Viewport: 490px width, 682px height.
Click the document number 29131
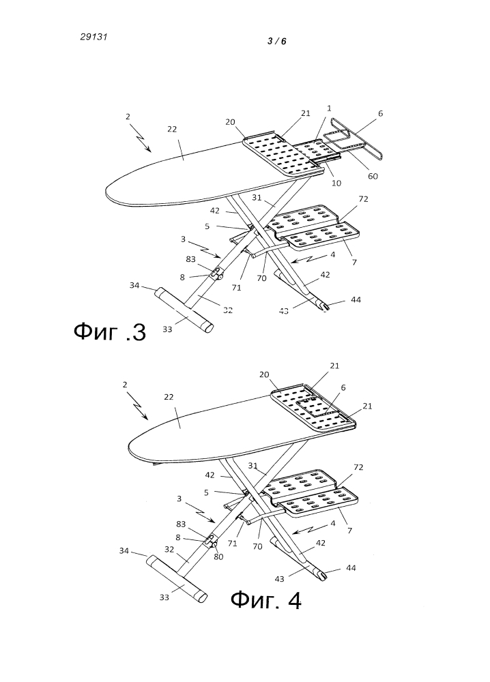tap(93, 37)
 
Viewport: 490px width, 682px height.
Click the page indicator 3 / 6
tap(277, 42)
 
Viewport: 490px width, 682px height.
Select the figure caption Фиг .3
tap(110, 332)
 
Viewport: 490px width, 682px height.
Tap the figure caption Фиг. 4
tap(265, 600)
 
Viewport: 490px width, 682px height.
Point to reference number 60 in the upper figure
tap(373, 176)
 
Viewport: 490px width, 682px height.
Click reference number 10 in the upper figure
tap(336, 183)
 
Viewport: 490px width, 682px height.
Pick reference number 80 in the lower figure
tap(218, 557)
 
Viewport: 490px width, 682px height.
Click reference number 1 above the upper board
tap(329, 108)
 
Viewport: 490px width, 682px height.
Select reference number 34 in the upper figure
tap(134, 285)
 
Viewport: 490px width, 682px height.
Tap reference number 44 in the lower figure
tap(351, 568)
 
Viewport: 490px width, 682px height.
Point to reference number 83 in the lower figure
tap(181, 524)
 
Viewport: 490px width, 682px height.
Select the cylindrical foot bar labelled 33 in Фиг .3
tap(184, 310)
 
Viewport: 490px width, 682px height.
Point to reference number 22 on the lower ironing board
tap(169, 397)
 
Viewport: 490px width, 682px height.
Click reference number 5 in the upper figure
tap(207, 226)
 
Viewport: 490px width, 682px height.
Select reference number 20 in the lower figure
tap(264, 374)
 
